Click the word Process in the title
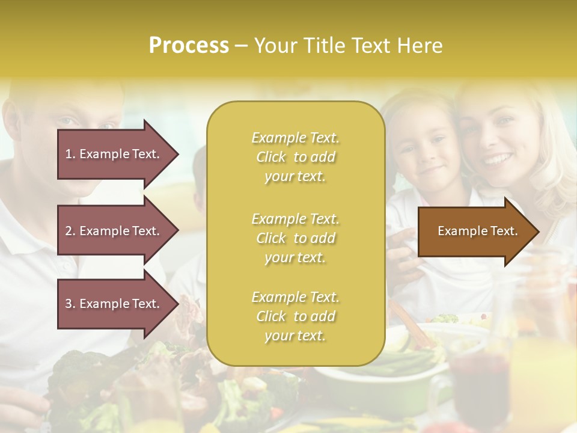[189, 46]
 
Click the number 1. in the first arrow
[70, 154]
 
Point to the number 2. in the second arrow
[70, 231]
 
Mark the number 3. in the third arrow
[70, 304]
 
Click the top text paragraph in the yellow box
[295, 157]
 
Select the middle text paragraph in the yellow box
[295, 238]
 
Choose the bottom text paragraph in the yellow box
[295, 316]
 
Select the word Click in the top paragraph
[271, 158]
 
